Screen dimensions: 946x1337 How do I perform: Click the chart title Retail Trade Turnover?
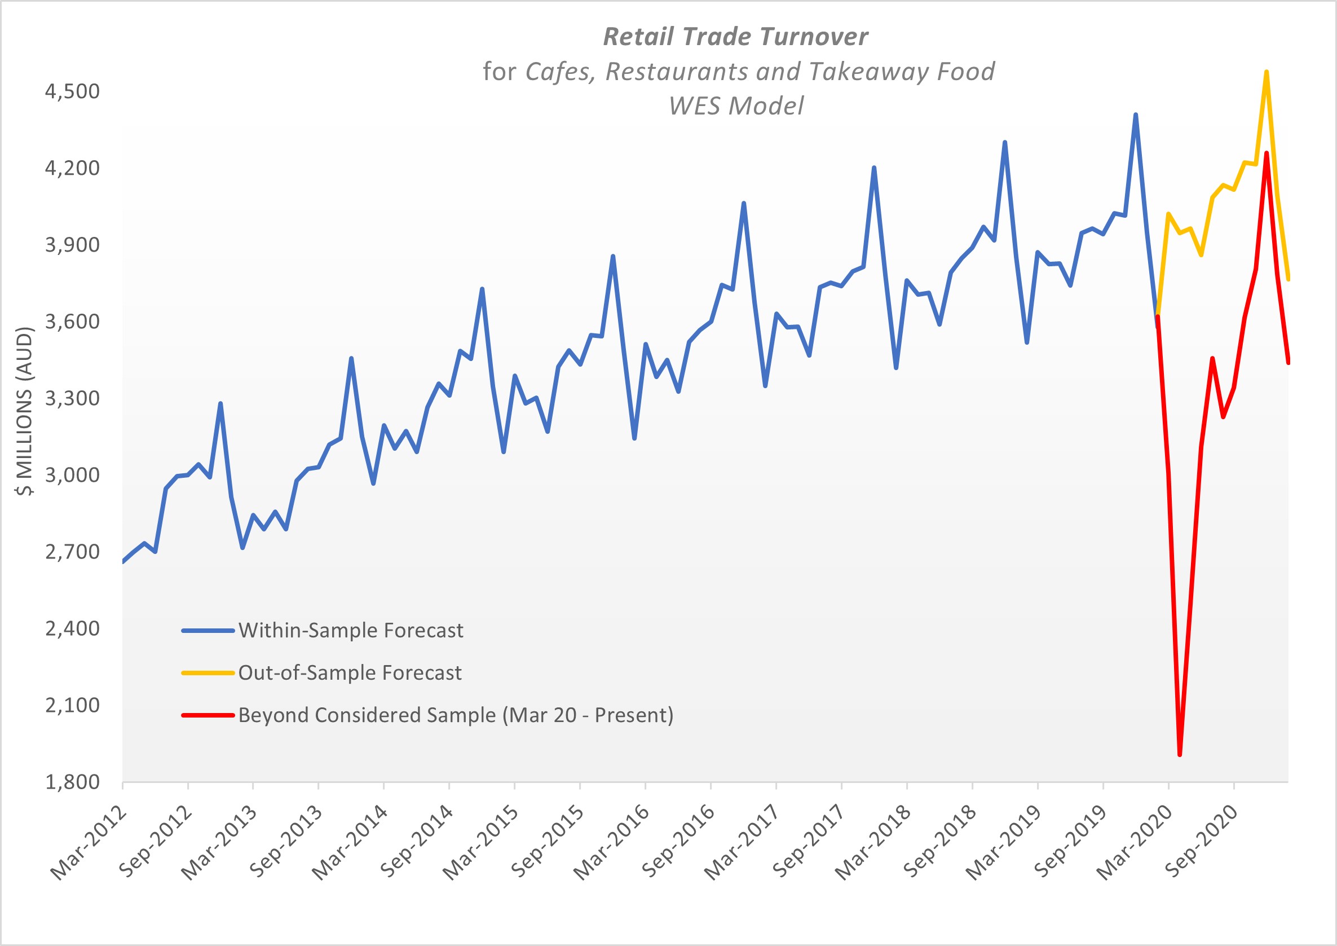[x=735, y=37]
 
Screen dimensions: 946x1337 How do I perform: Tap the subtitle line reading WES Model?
[x=736, y=106]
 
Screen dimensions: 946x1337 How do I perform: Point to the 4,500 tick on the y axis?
[x=72, y=91]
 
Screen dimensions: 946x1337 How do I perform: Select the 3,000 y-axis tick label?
[x=72, y=475]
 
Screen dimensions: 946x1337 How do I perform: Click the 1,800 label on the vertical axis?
[x=72, y=782]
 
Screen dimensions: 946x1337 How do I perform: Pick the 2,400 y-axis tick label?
[x=72, y=628]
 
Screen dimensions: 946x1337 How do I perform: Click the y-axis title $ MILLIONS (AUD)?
[x=25, y=411]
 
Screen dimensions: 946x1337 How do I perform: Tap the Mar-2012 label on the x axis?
[x=89, y=843]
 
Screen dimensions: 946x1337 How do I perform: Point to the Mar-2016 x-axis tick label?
[x=611, y=843]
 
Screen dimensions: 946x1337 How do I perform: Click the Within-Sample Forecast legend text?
[x=351, y=630]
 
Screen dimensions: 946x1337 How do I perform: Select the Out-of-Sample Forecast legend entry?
[x=350, y=673]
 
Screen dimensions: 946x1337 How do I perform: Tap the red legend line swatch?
[x=208, y=715]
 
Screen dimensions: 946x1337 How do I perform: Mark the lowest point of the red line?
[x=1180, y=755]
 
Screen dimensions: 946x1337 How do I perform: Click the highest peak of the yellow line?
[x=1267, y=72]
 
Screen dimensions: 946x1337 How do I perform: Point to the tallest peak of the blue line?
[x=1136, y=115]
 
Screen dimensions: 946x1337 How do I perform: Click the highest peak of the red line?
[x=1267, y=153]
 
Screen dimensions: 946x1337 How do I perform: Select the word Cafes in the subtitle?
[x=559, y=72]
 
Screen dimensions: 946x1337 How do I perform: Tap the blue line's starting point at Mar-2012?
[x=123, y=561]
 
